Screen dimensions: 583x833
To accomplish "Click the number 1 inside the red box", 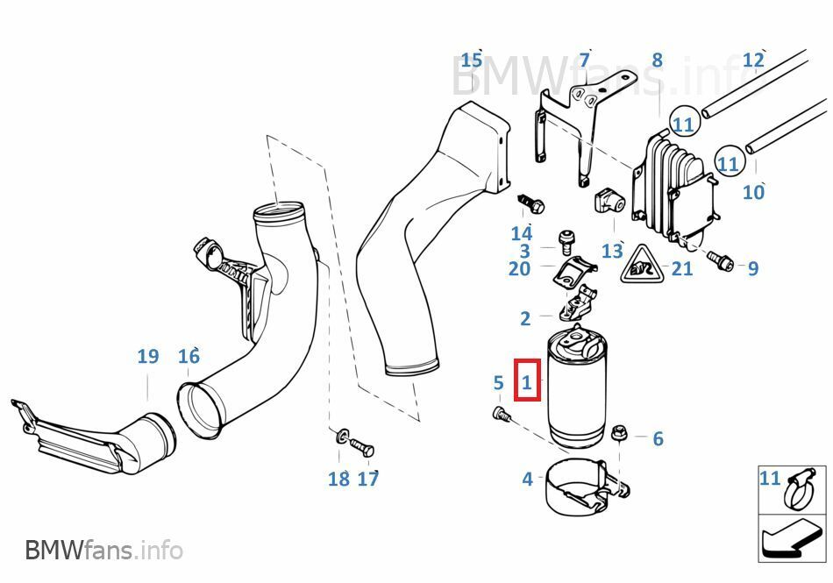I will click(527, 382).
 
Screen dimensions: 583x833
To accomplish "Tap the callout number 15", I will click(472, 60).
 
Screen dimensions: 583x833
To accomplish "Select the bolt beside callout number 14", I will click(530, 203).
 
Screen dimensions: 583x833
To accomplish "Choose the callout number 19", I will click(147, 357).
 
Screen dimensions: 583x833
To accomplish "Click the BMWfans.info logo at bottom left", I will click(103, 551).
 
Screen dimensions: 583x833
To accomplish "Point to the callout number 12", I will click(753, 60).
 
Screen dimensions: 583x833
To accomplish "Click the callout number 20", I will click(519, 268).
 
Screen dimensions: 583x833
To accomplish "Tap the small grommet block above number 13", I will click(608, 202).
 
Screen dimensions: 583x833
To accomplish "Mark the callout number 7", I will click(584, 60).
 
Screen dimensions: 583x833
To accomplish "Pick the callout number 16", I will click(189, 357).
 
